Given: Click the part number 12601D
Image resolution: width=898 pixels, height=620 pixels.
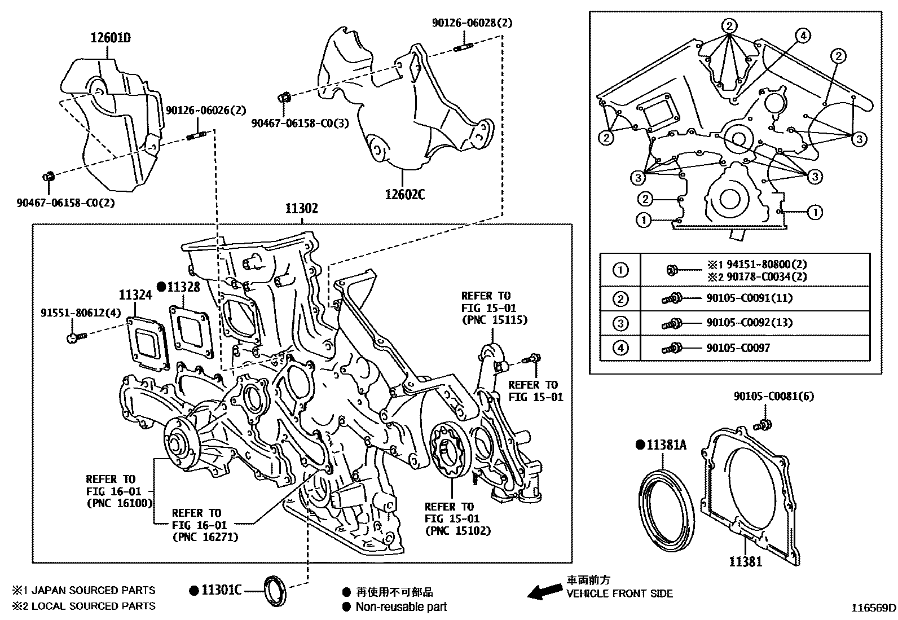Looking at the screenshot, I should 111,38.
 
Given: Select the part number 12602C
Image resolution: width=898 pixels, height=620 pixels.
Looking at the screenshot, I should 405,195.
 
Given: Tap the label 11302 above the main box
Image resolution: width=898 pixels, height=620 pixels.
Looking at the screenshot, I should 301,209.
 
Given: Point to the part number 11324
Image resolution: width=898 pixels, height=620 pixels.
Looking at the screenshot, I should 135,294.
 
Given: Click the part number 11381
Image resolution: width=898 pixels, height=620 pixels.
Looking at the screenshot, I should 745,561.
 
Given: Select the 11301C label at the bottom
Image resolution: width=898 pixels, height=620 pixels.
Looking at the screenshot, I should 222,591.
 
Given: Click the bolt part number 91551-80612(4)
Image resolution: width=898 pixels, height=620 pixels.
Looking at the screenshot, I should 81,313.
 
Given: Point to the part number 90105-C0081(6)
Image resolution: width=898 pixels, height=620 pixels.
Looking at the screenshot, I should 774,397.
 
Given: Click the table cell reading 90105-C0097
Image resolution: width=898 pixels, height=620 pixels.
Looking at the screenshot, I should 738,348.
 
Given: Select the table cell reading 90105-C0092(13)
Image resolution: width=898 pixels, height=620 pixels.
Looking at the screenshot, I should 749,323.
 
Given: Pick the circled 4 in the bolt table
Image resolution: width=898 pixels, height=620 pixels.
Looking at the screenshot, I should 620,348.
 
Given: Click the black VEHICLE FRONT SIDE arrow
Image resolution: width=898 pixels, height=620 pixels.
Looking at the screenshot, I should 544,592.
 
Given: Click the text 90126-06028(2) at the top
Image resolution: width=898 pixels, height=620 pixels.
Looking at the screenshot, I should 473,23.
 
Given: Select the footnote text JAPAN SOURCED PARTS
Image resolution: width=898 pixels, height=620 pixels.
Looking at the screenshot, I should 93,591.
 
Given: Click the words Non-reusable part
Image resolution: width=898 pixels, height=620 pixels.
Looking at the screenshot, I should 401,607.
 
